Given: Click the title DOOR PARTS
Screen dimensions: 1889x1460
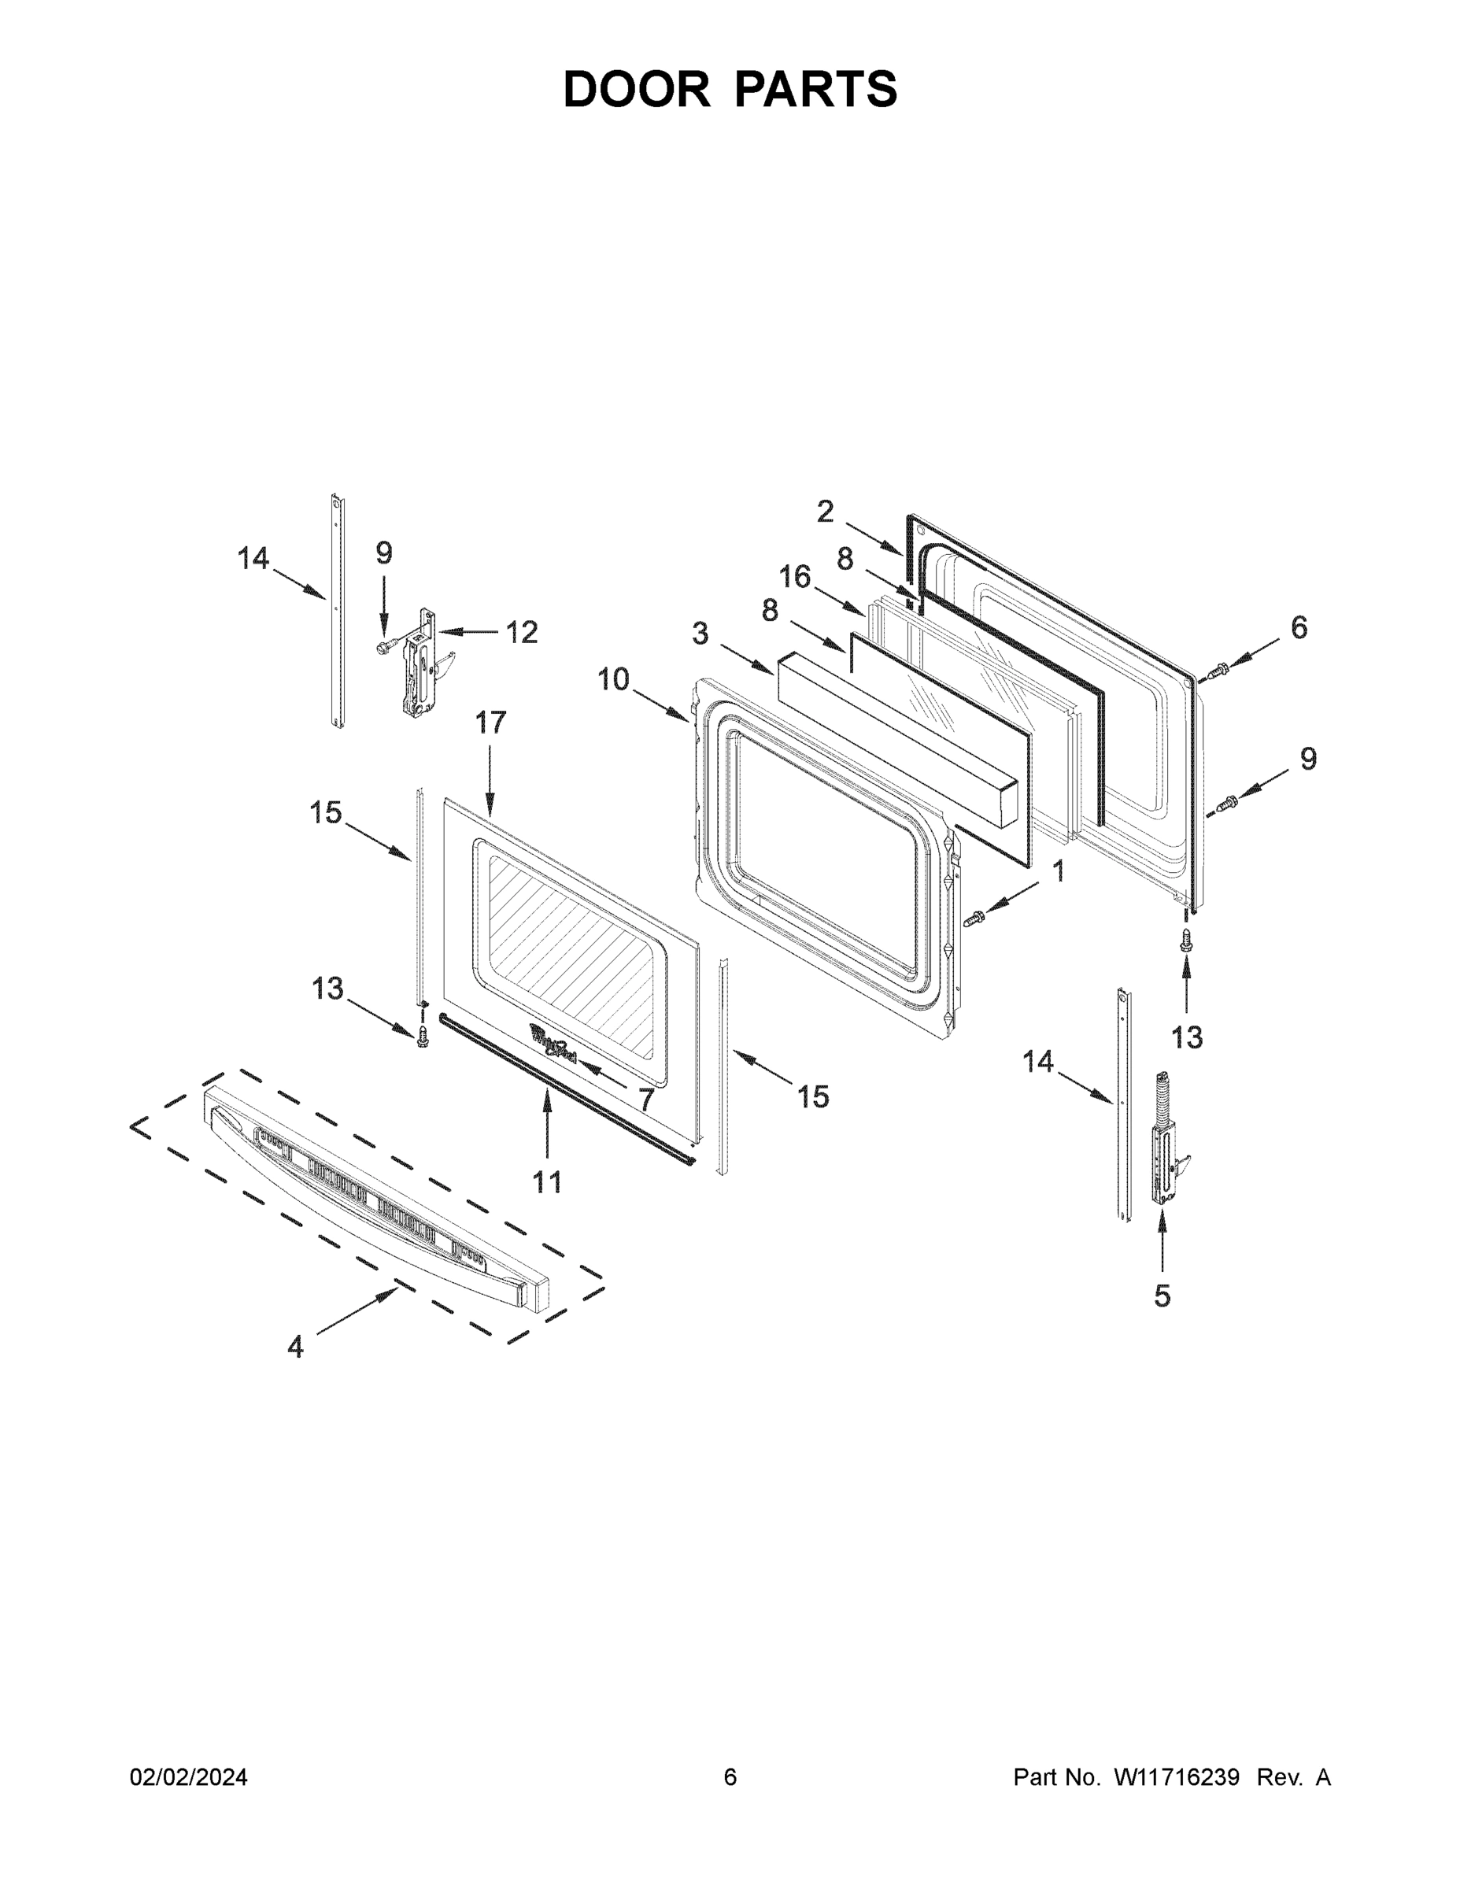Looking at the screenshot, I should pyautogui.click(x=730, y=89).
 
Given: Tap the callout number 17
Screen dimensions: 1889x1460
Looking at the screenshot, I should pyautogui.click(x=490, y=723).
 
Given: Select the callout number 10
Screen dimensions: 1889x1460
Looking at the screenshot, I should pyautogui.click(x=613, y=679).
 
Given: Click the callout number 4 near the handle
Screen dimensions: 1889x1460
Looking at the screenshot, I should pyautogui.click(x=296, y=1347).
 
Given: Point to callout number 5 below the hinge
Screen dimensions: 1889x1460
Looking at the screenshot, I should pyautogui.click(x=1162, y=1296).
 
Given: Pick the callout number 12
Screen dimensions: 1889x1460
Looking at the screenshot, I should pyautogui.click(x=522, y=632).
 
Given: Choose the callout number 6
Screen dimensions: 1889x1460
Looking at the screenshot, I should pyautogui.click(x=1299, y=627).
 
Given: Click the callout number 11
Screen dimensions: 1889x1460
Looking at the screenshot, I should pyautogui.click(x=547, y=1181).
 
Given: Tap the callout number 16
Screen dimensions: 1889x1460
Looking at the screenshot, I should pyautogui.click(x=795, y=576).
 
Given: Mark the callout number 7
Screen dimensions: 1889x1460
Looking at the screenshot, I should pyautogui.click(x=645, y=1100).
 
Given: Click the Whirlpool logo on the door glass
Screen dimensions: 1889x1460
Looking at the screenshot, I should pyautogui.click(x=553, y=1041).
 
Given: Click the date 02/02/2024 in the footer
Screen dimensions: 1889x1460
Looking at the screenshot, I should pyautogui.click(x=189, y=1776).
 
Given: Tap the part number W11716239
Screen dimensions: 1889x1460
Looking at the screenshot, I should pyautogui.click(x=1177, y=1776).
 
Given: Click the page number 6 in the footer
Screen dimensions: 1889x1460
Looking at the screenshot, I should pyautogui.click(x=730, y=1776).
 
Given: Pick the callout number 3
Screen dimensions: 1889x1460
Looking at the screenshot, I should pyautogui.click(x=700, y=634).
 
